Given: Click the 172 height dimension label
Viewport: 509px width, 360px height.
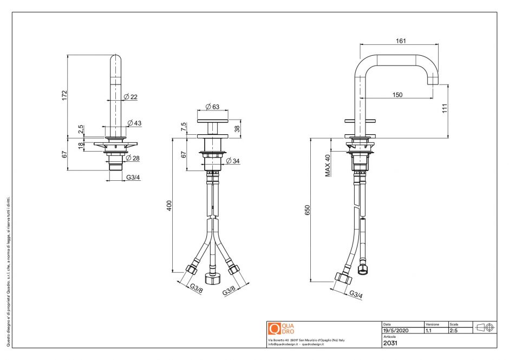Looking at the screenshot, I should (64, 95).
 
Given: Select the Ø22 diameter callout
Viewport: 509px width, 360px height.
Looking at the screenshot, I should (130, 97).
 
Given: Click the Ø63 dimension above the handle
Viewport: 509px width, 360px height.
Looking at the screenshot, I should (212, 106).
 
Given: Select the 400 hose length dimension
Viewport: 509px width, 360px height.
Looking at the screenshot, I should (169, 205).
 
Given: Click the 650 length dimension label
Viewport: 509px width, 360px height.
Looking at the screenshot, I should (307, 210).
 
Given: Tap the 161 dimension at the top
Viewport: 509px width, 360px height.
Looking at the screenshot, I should (401, 41).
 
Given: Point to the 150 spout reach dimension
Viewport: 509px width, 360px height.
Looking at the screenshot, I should (397, 95).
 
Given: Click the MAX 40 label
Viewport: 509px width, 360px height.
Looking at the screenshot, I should (328, 165).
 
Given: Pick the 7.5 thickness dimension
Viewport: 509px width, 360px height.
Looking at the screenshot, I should (185, 127).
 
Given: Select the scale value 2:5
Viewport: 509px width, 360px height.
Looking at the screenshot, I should (454, 330).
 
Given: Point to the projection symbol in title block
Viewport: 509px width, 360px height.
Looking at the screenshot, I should (484, 328).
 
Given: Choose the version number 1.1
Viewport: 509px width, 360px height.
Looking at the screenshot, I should (429, 330).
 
